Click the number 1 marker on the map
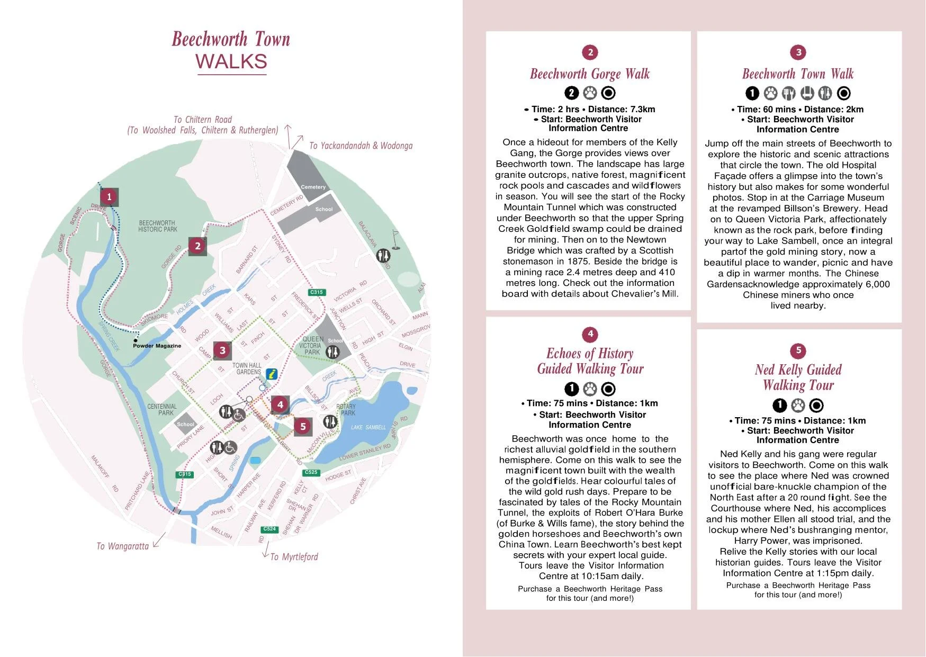(109, 197)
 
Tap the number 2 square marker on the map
(197, 246)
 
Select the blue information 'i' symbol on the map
(272, 374)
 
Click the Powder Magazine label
(157, 346)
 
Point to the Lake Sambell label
(368, 427)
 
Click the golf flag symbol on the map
(395, 239)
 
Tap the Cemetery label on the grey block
(313, 187)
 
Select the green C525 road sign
(311, 472)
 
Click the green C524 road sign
(269, 529)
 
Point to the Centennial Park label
(162, 410)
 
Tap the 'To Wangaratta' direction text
(123, 546)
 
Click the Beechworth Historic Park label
(157, 226)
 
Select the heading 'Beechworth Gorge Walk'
(590, 74)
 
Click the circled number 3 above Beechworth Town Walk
(798, 52)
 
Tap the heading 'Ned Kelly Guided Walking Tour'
(798, 377)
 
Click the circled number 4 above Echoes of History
(590, 334)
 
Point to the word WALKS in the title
(231, 61)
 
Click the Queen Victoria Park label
(311, 346)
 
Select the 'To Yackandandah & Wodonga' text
(361, 146)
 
